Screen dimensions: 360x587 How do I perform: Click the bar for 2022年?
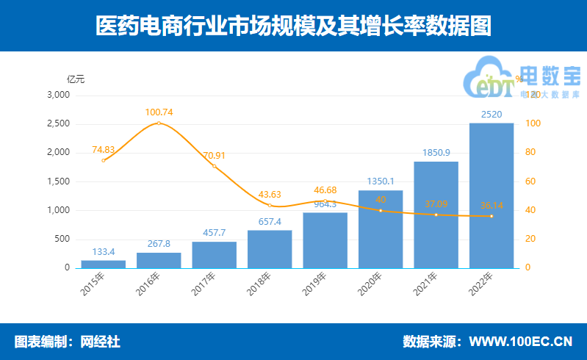click(x=491, y=195)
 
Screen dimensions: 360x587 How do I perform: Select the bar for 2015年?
click(x=104, y=264)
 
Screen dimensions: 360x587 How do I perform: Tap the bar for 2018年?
click(x=270, y=249)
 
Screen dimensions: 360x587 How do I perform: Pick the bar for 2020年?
click(x=381, y=229)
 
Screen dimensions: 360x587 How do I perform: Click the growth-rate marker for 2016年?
click(x=159, y=123)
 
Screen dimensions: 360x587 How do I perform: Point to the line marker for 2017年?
click(x=215, y=166)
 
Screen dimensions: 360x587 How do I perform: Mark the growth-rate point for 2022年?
click(x=491, y=216)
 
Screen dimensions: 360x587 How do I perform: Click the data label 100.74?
click(x=159, y=112)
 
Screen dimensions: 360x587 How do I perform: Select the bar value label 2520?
click(x=491, y=115)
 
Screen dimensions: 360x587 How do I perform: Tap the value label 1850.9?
click(x=436, y=153)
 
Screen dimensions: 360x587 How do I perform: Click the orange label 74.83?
click(x=104, y=149)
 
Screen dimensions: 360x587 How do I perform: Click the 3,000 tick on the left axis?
click(x=57, y=95)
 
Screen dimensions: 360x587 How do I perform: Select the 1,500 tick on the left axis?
click(x=57, y=181)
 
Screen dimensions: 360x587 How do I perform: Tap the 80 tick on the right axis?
click(x=531, y=153)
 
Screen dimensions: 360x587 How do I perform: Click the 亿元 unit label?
click(x=76, y=79)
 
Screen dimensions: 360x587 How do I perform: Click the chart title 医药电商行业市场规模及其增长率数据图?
click(x=293, y=26)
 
